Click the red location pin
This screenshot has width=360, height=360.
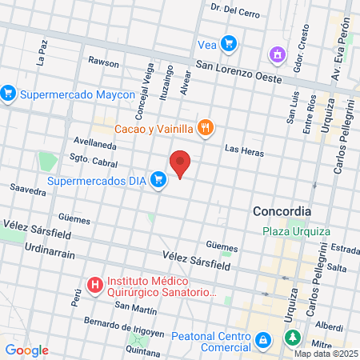tap(181, 163)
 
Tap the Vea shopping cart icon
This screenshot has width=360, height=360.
tap(229, 43)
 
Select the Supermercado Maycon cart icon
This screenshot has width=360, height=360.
tap(9, 94)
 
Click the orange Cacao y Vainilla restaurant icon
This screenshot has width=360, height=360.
tap(206, 127)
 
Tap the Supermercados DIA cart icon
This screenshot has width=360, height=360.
tap(159, 180)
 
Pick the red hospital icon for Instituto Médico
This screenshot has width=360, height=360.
tap(95, 283)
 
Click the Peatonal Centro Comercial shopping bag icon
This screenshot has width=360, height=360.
tap(262, 342)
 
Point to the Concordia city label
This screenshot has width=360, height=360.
tap(281, 211)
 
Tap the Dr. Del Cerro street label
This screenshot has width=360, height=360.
tap(236, 10)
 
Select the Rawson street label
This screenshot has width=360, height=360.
tap(103, 61)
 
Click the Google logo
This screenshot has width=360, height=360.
tap(26, 350)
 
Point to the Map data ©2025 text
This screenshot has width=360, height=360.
tap(326, 353)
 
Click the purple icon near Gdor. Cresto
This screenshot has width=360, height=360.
tap(278, 55)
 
